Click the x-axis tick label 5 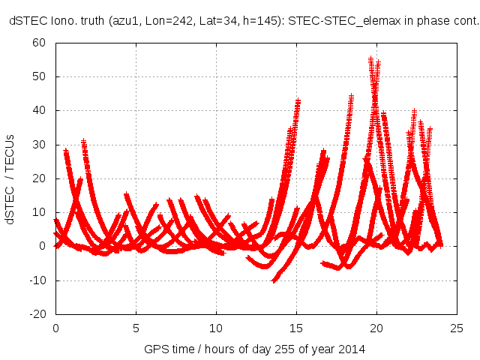click(136, 328)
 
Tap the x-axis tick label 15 click(296, 328)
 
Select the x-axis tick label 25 click(457, 328)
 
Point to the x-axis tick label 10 click(216, 328)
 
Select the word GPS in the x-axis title click(154, 349)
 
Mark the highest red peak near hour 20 click(370, 58)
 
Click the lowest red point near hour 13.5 click(274, 280)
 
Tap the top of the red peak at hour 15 click(298, 100)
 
